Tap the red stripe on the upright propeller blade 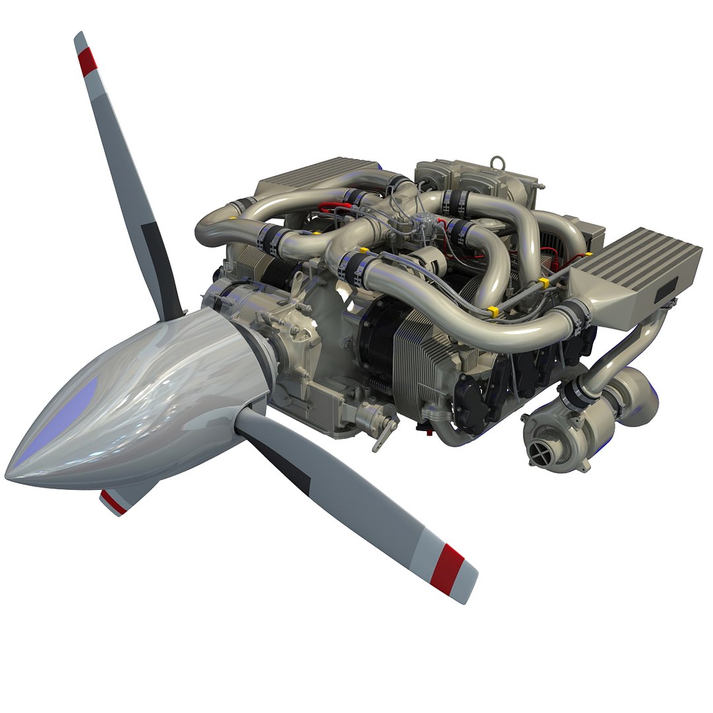pyautogui.click(x=87, y=61)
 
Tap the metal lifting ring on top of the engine pyautogui.click(x=496, y=162)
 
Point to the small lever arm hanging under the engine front pyautogui.click(x=382, y=440)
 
